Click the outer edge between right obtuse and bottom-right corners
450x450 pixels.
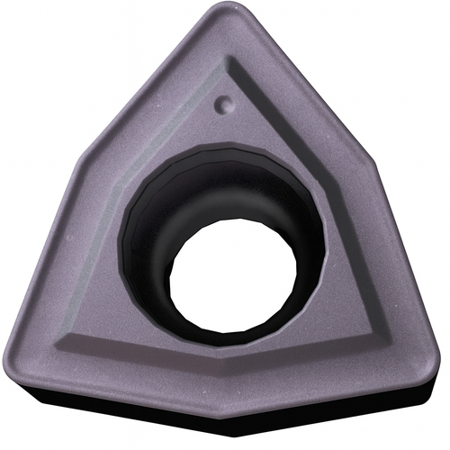pos(409,270)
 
